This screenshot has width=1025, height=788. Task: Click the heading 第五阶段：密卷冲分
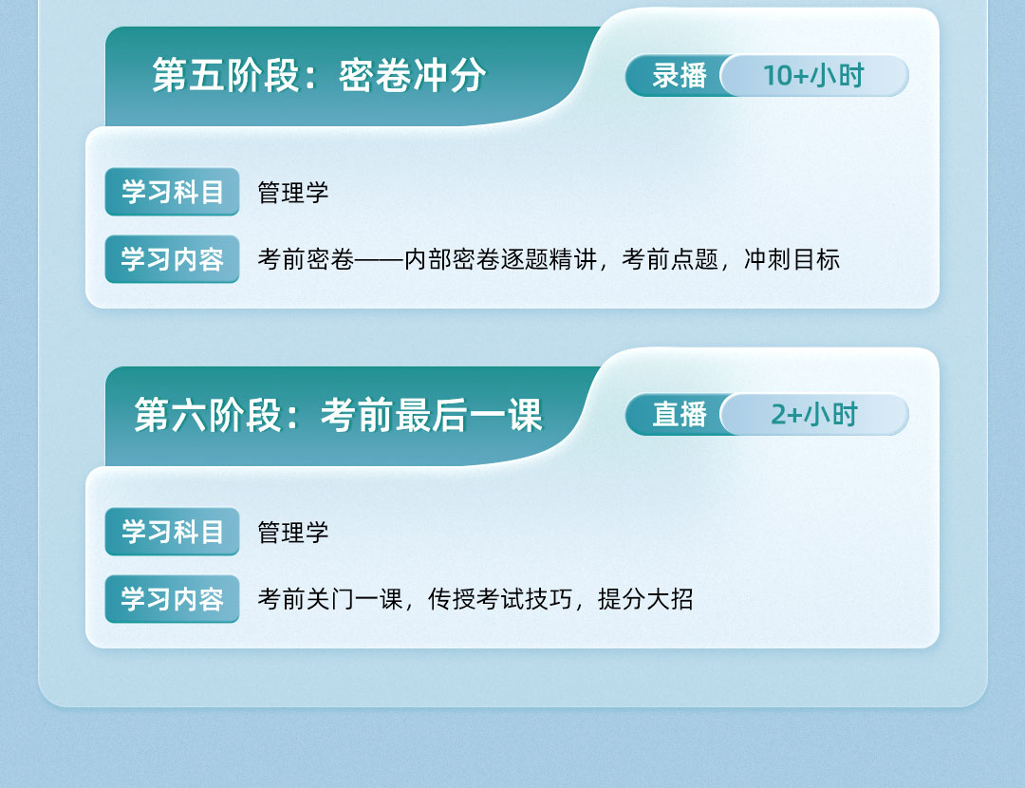point(319,75)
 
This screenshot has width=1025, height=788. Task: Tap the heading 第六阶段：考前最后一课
point(338,415)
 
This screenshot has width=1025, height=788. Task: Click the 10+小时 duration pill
point(814,76)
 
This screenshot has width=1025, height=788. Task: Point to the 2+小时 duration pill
point(814,415)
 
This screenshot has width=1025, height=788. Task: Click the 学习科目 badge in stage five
point(172,192)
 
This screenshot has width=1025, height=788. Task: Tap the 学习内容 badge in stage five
point(172,259)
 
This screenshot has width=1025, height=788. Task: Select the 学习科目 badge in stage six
point(172,532)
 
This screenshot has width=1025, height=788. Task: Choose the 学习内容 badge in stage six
point(172,599)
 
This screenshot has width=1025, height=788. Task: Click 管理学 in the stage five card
point(293,193)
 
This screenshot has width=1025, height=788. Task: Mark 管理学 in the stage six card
point(293,533)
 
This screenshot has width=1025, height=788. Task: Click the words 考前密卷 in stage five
point(306,259)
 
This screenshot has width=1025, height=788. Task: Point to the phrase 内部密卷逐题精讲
point(501,259)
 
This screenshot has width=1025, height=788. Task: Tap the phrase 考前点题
point(670,259)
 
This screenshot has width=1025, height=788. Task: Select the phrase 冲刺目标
point(792,259)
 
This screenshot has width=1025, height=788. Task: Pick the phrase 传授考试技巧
point(500,599)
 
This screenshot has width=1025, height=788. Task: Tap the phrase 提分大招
point(645,599)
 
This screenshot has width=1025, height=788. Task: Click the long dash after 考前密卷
point(379,260)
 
